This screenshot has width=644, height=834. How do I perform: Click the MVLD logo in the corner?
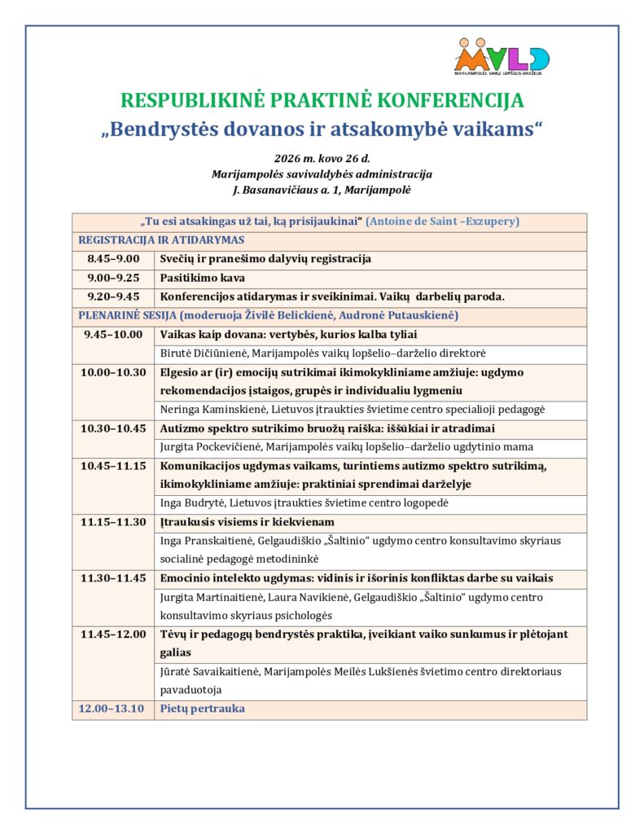coord(502,56)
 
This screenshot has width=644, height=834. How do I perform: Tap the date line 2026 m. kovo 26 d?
coord(322,158)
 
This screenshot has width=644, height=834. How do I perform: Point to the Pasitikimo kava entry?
coord(191,278)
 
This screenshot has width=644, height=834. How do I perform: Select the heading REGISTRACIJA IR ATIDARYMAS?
coord(161,240)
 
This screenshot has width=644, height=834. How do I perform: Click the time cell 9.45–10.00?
coord(112,334)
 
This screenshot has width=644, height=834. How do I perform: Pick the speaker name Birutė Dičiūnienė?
coord(204,353)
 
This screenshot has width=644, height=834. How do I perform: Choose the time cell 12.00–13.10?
coord(111,709)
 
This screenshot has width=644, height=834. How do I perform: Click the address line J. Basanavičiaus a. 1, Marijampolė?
coord(322,190)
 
